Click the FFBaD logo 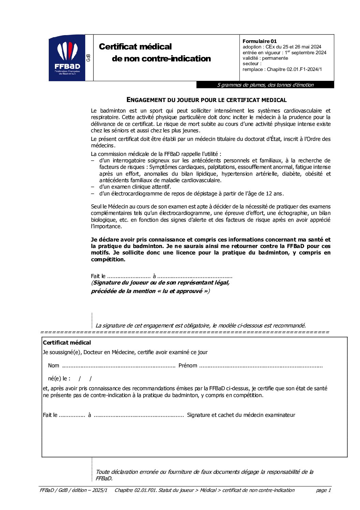click(67, 58)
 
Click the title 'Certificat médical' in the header click(135, 47)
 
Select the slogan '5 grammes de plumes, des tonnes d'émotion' click(265, 85)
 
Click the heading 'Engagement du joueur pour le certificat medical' click(207, 100)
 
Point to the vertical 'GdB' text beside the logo click(89, 58)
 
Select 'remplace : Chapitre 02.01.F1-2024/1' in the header click(282, 69)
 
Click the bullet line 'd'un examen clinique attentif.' click(135, 187)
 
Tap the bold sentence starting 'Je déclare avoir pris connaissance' click(211, 249)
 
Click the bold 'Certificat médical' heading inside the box click(67, 343)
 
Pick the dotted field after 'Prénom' click(261, 366)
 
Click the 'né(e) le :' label click(59, 378)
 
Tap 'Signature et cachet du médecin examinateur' click(241, 415)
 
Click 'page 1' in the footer click(323, 490)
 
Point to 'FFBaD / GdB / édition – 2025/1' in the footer click(73, 490)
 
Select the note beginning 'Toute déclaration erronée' click(204, 475)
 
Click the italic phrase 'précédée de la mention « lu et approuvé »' click(150, 291)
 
